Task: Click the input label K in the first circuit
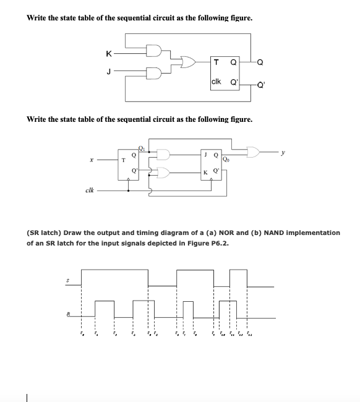108,54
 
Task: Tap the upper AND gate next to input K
154,50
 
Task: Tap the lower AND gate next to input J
154,72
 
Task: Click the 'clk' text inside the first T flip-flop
216,82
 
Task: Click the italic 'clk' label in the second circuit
90,190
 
